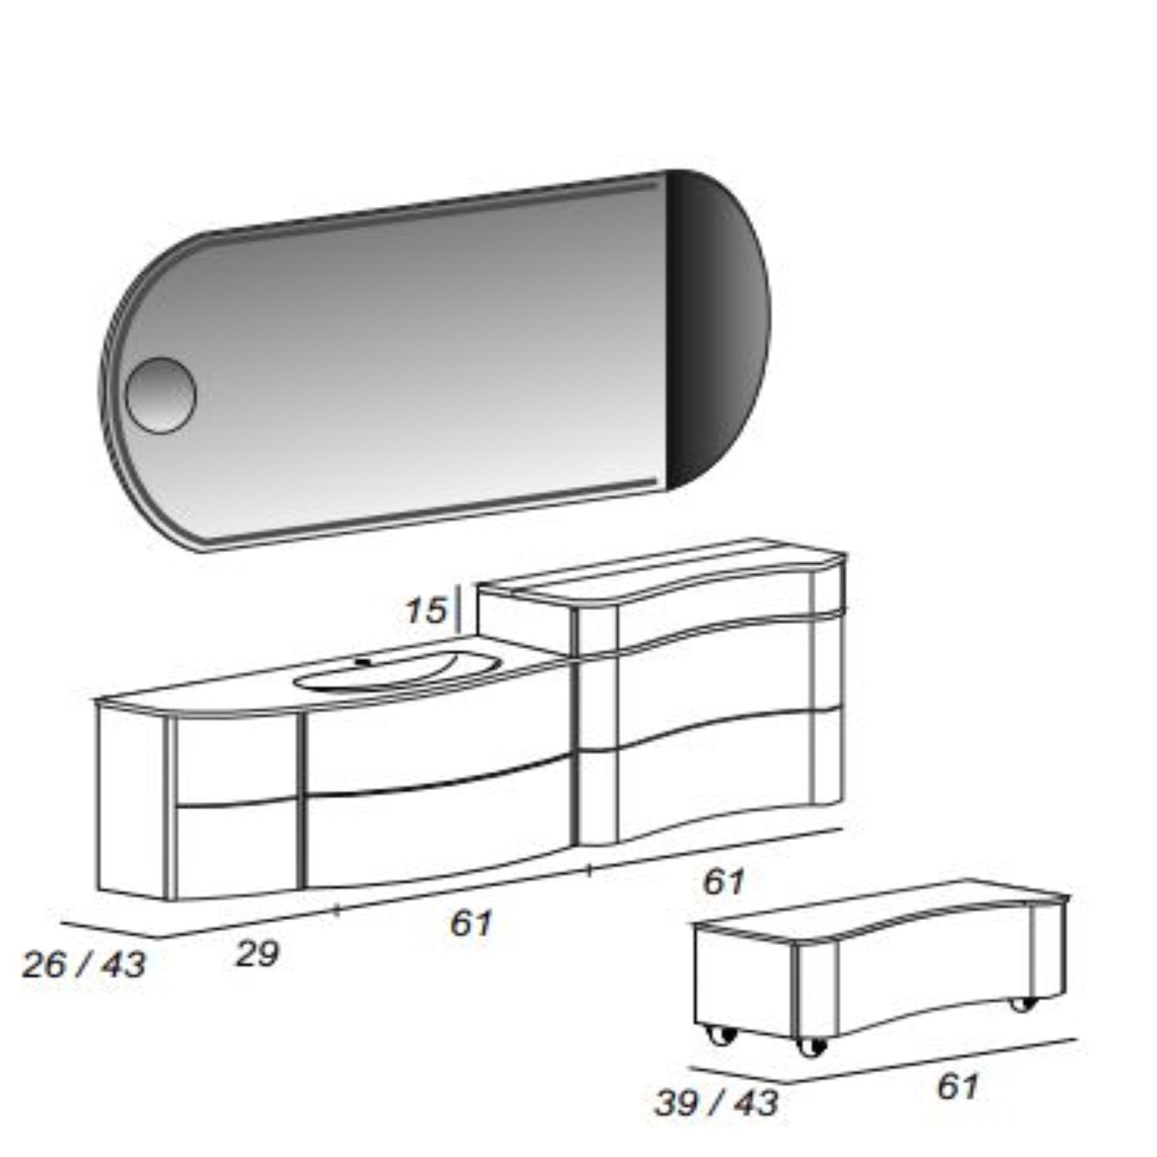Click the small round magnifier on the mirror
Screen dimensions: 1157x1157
(160, 395)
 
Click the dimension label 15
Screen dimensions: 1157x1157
(425, 611)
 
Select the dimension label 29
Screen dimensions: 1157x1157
(258, 953)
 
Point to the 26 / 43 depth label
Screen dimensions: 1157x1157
(84, 965)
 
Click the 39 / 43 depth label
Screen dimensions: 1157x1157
(717, 1103)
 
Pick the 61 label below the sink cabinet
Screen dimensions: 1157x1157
(471, 924)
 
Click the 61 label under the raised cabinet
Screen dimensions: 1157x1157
(723, 882)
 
